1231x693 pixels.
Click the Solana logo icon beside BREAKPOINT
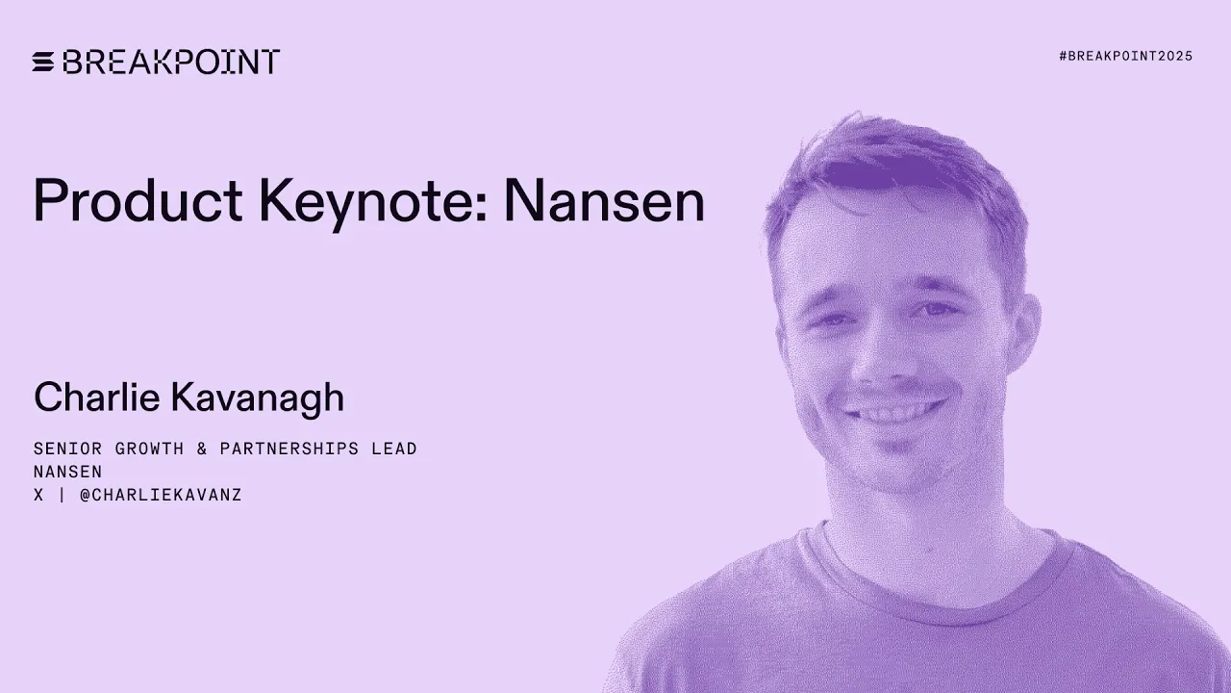(x=43, y=62)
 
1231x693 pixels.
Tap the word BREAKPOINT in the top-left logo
(x=171, y=62)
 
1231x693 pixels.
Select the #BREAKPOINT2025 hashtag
(x=1125, y=56)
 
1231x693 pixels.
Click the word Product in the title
(x=138, y=202)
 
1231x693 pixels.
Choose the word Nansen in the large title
(x=604, y=202)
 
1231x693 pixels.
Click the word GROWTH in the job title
(x=150, y=449)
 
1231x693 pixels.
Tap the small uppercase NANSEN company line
(x=68, y=472)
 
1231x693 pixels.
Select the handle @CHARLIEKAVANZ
(x=161, y=496)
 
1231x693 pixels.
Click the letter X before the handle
(x=38, y=496)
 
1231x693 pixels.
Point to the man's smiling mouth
(x=892, y=414)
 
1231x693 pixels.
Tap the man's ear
(x=1027, y=337)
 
